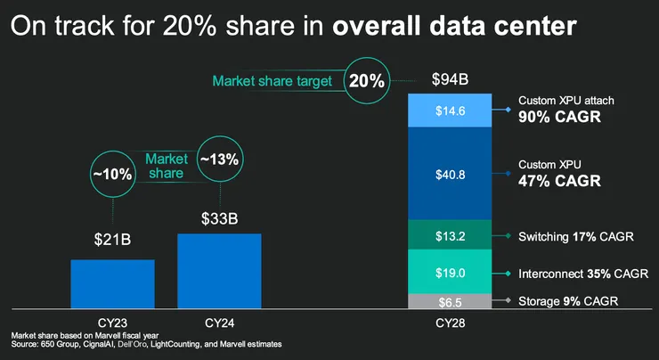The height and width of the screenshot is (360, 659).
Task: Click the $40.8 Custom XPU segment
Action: point(450,174)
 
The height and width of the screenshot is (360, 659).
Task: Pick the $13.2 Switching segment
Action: point(450,235)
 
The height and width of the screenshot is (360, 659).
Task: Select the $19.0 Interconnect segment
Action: point(450,272)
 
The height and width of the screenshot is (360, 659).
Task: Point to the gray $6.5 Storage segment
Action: point(450,301)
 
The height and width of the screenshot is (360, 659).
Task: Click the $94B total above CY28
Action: point(450,79)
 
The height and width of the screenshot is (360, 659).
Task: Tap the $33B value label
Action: point(219,217)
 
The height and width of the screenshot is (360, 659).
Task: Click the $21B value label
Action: point(113,239)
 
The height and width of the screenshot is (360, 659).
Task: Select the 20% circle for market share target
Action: point(367,81)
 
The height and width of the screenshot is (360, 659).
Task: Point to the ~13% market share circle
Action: point(219,160)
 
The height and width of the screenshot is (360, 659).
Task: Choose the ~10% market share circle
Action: point(113,174)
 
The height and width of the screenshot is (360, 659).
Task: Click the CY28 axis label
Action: point(450,321)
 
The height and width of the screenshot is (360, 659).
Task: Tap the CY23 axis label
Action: point(112,321)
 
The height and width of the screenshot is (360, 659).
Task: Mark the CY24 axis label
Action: point(219,321)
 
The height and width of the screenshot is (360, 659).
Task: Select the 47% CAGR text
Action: point(559,181)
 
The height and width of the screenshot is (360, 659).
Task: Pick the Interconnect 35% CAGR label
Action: point(576,273)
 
